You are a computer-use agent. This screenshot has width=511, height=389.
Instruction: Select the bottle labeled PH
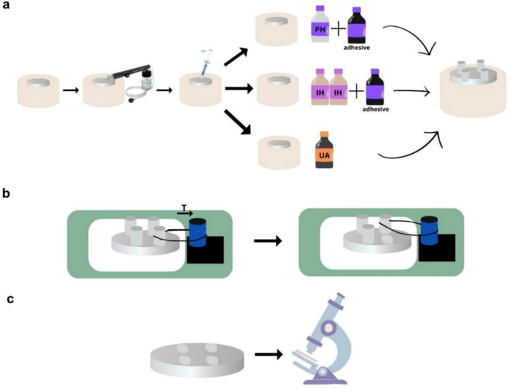pos(322,29)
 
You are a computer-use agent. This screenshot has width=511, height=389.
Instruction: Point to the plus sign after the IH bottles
pos(358,90)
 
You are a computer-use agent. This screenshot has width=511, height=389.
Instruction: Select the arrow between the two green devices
pos(266,242)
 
